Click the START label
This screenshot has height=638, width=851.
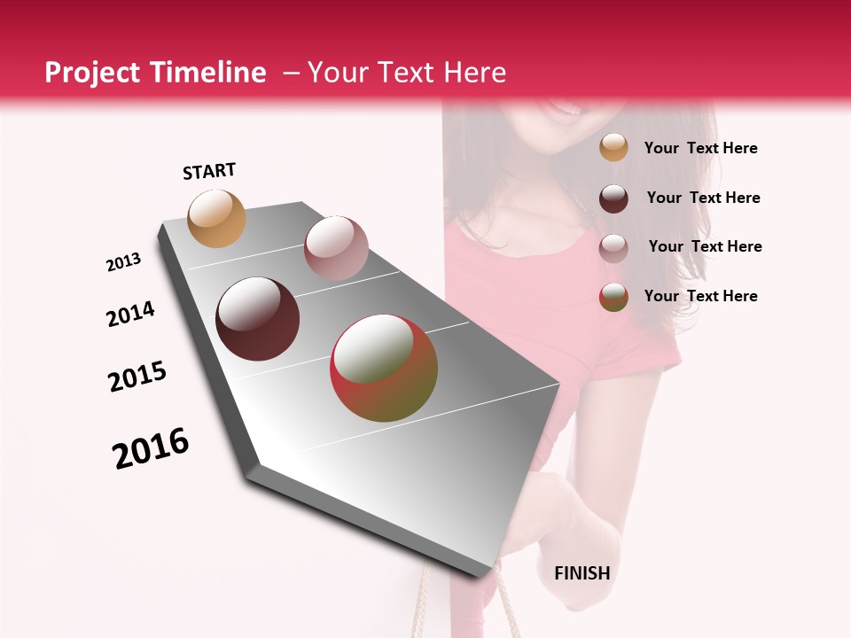[209, 171]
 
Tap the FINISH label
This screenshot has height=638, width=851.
[582, 573]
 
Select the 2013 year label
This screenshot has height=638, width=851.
[123, 262]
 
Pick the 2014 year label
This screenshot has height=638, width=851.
[130, 315]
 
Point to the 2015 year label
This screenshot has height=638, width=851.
[137, 377]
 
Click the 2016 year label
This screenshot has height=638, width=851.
[151, 448]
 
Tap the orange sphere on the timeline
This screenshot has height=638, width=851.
[217, 219]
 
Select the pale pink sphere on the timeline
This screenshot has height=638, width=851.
[336, 248]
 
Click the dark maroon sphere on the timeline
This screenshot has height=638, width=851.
[257, 319]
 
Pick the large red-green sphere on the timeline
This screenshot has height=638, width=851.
[384, 368]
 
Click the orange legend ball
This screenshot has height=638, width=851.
[613, 147]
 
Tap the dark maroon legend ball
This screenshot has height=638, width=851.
[613, 198]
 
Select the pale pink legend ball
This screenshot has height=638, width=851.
[613, 247]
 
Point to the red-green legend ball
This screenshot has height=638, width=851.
[613, 297]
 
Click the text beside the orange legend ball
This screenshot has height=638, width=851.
[700, 148]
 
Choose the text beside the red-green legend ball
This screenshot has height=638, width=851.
[700, 296]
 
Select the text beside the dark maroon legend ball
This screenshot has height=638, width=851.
[703, 198]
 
